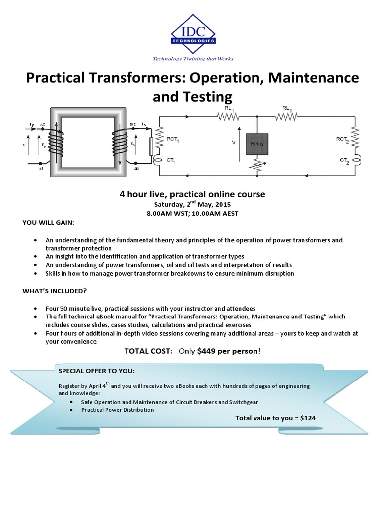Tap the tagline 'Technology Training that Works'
tap(192, 59)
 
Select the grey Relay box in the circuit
tap(256, 144)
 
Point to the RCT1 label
tap(173, 141)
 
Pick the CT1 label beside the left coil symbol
tap(171, 160)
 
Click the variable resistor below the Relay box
tap(256, 165)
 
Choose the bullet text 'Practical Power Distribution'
tap(118, 410)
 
